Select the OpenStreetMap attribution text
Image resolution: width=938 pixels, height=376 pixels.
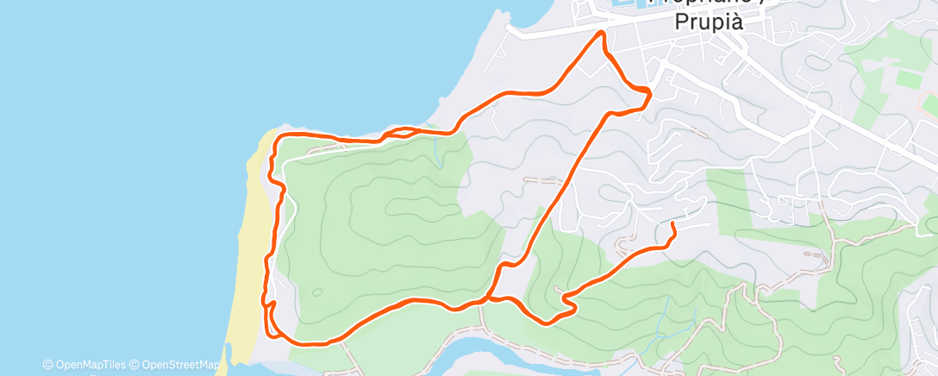coord(177,366)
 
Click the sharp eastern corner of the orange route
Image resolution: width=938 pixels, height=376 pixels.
coord(649,91)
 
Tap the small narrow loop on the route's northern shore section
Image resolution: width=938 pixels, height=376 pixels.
coord(399,132)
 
